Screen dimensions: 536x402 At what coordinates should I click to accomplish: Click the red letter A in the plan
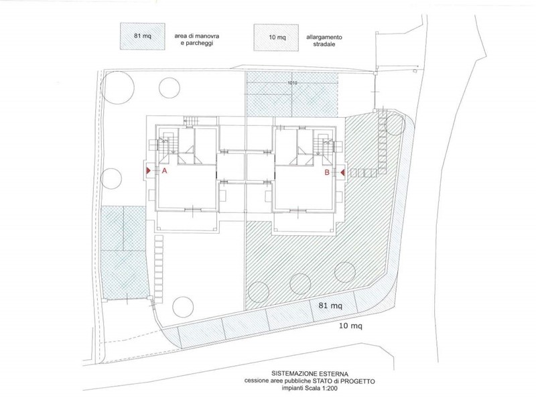pyautogui.click(x=164, y=171)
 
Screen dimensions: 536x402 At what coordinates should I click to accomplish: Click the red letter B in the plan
pyautogui.click(x=327, y=173)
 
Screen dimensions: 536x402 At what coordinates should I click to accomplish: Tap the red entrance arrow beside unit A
pyautogui.click(x=148, y=170)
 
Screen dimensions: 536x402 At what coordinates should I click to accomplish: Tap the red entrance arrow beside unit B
pyautogui.click(x=343, y=173)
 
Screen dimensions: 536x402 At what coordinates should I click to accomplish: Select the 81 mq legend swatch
pyautogui.click(x=143, y=36)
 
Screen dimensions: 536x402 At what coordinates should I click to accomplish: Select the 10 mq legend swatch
pyautogui.click(x=276, y=38)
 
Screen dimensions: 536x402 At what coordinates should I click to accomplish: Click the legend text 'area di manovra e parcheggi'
pyautogui.click(x=196, y=40)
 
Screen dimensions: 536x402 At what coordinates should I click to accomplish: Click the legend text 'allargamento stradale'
pyautogui.click(x=324, y=41)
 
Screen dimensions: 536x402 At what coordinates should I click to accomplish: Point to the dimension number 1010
pyautogui.click(x=292, y=82)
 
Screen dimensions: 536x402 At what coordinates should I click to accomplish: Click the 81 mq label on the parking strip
pyautogui.click(x=330, y=306)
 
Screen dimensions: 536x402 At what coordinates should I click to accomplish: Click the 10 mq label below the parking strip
pyautogui.click(x=350, y=326)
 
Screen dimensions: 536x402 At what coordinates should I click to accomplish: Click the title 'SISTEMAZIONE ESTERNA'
pyautogui.click(x=310, y=374)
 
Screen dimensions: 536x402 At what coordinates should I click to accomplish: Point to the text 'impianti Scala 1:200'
pyautogui.click(x=310, y=388)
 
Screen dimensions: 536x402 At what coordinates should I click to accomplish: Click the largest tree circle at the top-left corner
pyautogui.click(x=117, y=87)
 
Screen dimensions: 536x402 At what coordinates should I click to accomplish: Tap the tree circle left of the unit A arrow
pyautogui.click(x=111, y=178)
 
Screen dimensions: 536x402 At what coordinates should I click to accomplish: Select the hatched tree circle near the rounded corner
pyautogui.click(x=395, y=125)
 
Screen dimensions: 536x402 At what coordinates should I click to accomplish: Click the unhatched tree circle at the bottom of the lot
pyautogui.click(x=183, y=306)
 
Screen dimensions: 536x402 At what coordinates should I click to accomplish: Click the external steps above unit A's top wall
pyautogui.click(x=191, y=121)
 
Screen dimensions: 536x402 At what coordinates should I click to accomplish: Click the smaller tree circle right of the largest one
pyautogui.click(x=170, y=88)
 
